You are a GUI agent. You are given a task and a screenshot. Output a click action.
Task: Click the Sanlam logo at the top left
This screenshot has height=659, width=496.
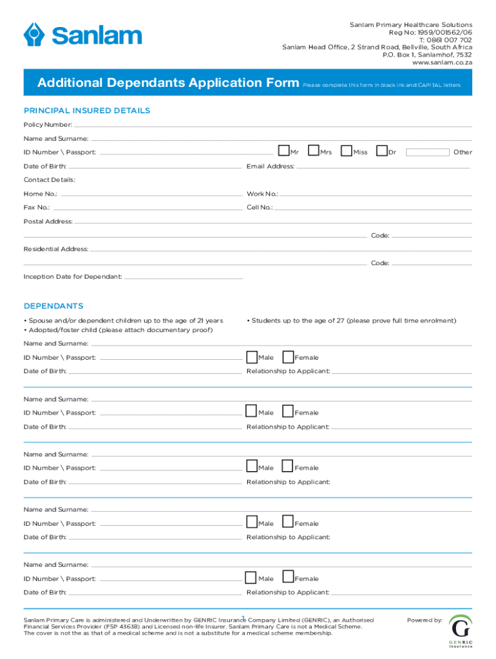82,34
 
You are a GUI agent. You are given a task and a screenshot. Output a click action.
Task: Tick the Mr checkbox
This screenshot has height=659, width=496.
283,151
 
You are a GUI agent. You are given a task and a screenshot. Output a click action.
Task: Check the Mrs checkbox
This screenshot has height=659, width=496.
314,151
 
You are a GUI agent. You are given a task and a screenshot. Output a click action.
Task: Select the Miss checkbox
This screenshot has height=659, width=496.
347,151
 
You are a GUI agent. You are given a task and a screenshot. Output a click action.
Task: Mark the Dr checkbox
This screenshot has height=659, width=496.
382,151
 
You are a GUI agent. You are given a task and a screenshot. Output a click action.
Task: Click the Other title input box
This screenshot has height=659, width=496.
428,153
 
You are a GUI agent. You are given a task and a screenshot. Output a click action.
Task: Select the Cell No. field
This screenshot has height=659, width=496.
374,209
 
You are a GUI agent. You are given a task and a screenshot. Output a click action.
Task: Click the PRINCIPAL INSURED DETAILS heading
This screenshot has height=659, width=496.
87,111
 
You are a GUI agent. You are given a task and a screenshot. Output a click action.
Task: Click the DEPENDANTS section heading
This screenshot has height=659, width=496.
53,306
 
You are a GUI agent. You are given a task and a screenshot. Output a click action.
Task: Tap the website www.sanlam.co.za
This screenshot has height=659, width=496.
437,63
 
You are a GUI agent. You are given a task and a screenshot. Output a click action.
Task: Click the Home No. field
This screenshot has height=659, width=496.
151,194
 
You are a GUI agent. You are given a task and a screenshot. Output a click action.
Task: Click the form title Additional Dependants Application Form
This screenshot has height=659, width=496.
168,83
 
